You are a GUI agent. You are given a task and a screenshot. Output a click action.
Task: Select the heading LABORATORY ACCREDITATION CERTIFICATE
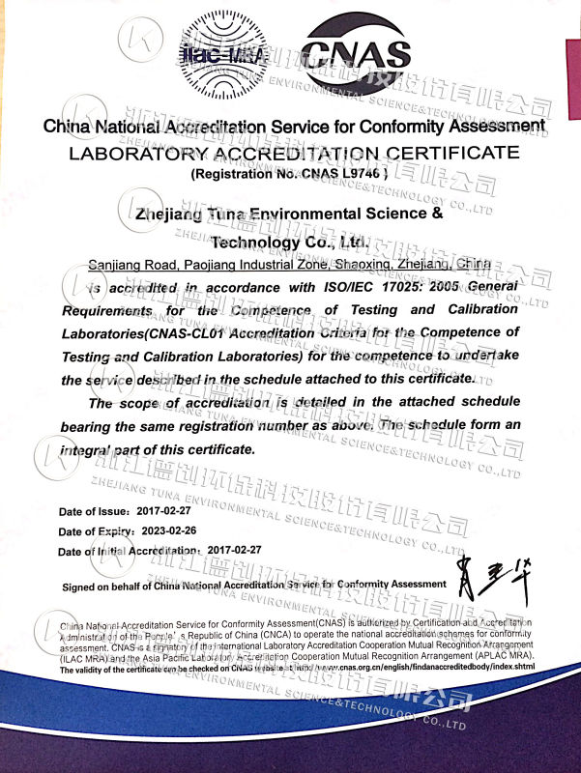[x=293, y=154]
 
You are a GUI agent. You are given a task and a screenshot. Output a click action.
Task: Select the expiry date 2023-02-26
[x=169, y=531]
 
